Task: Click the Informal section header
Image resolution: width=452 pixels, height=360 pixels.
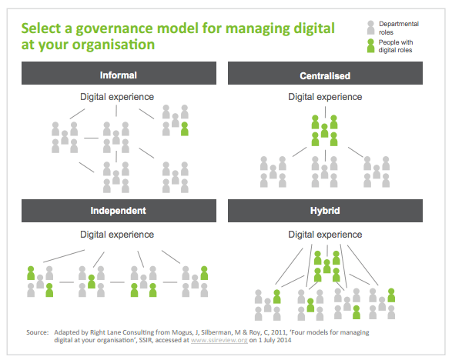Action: click(119, 73)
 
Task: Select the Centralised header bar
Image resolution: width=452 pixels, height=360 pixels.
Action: click(325, 73)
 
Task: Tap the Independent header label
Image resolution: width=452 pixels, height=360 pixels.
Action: click(118, 211)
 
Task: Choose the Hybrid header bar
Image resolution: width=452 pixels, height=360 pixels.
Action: click(325, 211)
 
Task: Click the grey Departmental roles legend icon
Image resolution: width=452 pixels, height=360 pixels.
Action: click(370, 28)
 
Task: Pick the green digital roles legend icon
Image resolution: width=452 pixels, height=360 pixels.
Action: click(370, 46)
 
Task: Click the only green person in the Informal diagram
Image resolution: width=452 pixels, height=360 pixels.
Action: click(185, 128)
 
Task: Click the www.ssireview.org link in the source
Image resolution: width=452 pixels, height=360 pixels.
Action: click(219, 340)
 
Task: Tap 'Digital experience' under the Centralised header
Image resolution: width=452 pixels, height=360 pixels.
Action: click(325, 97)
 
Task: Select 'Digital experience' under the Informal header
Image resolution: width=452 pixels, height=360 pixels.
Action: click(117, 97)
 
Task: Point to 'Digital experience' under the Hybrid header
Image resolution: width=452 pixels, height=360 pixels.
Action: click(325, 235)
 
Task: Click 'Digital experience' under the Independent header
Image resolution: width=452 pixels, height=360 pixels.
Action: click(117, 235)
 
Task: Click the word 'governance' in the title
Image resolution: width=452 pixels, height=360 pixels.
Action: click(115, 28)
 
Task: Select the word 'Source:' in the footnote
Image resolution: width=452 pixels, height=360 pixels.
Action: click(38, 332)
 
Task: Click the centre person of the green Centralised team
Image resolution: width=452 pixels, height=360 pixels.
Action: click(325, 131)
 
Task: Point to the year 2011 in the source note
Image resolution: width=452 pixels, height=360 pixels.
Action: click(278, 332)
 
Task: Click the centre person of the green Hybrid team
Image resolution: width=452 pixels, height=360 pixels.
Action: click(327, 266)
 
